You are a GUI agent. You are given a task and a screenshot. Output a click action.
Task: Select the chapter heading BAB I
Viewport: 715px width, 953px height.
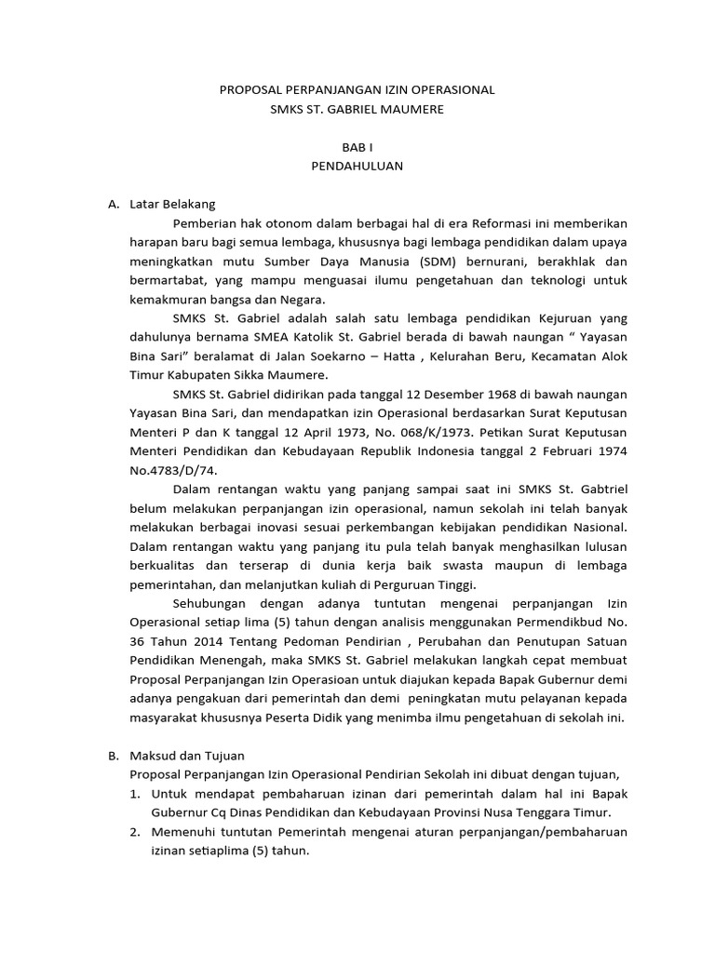click(x=357, y=147)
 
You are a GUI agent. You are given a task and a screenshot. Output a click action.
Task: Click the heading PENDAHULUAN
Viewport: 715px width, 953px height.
click(x=357, y=167)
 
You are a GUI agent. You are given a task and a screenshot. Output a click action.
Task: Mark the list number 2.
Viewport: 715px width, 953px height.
click(x=134, y=832)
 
